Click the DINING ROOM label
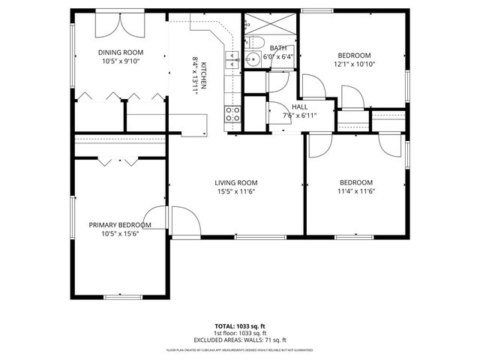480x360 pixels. point(120,52)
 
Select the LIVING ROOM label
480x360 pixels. point(236,182)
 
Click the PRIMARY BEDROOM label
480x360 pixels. point(120,225)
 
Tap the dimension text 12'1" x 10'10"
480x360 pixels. point(355,64)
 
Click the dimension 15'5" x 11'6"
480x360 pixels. point(236,191)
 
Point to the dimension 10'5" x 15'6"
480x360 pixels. point(120,233)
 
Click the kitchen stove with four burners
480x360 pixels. point(233,114)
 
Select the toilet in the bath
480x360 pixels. point(255,40)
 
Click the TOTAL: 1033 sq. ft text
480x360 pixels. point(240,327)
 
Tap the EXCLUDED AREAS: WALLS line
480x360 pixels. point(240,339)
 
